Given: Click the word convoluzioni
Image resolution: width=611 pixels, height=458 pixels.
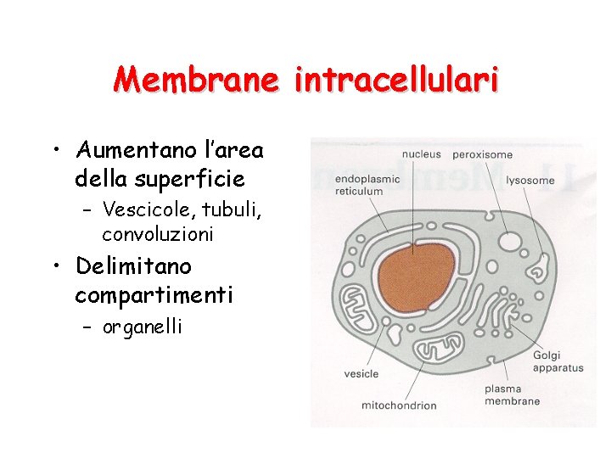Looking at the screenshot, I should pos(158,233).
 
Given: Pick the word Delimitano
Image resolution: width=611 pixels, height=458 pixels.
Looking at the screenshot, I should pos(134,266).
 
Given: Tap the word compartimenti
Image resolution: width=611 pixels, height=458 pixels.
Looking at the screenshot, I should pos(154,294).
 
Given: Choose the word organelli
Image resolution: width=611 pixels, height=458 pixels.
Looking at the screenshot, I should pos(143,327).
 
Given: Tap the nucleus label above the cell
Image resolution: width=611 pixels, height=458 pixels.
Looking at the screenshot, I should pos(421,154).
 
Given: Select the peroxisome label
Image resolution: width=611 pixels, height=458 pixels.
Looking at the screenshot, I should pos(483,154).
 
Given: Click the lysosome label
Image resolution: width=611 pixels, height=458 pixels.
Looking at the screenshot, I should pos(530,180).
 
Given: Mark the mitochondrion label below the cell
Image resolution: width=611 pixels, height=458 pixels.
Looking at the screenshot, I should pos(399,405).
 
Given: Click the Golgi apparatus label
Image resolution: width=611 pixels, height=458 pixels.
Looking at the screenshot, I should pos(558,362).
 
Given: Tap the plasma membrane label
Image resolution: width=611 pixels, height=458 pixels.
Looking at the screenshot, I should pos(512,395).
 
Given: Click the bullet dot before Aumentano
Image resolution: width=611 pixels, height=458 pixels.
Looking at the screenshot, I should pos(55,151).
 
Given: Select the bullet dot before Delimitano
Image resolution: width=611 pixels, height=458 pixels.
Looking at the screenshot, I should pos(55,267).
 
